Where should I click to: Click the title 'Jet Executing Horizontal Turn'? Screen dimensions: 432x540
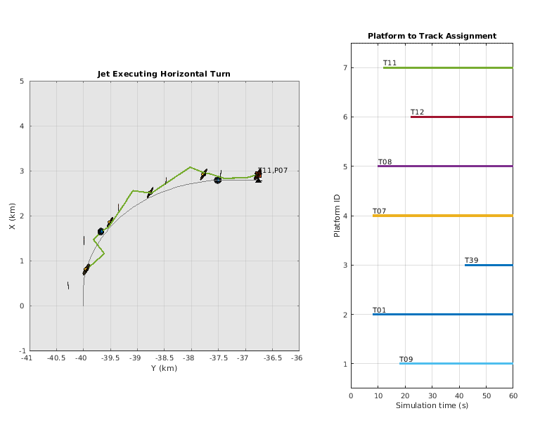(x=163, y=74)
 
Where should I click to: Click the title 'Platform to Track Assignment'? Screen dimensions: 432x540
(x=432, y=36)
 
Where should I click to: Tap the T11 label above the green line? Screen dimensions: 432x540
(x=390, y=63)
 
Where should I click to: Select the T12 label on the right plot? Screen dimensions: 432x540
(x=417, y=112)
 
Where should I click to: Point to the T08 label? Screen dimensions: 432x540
(x=385, y=162)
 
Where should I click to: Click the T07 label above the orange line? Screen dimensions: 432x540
(x=379, y=211)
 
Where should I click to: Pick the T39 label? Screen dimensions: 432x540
(x=471, y=261)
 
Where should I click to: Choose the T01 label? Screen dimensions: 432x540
(x=379, y=310)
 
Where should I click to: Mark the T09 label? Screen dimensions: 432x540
(x=406, y=359)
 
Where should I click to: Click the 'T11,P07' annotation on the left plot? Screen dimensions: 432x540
(x=273, y=171)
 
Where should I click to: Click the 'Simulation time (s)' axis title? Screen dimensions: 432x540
(x=432, y=405)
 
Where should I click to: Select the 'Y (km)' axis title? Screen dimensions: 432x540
(x=163, y=368)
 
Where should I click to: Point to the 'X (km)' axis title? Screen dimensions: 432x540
(x=12, y=216)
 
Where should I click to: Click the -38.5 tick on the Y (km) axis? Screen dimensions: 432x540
(x=164, y=358)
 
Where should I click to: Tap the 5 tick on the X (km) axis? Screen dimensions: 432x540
(x=22, y=81)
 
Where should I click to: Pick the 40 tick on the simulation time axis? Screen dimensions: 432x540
(x=459, y=395)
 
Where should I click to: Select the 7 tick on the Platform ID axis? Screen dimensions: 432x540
(x=345, y=67)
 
